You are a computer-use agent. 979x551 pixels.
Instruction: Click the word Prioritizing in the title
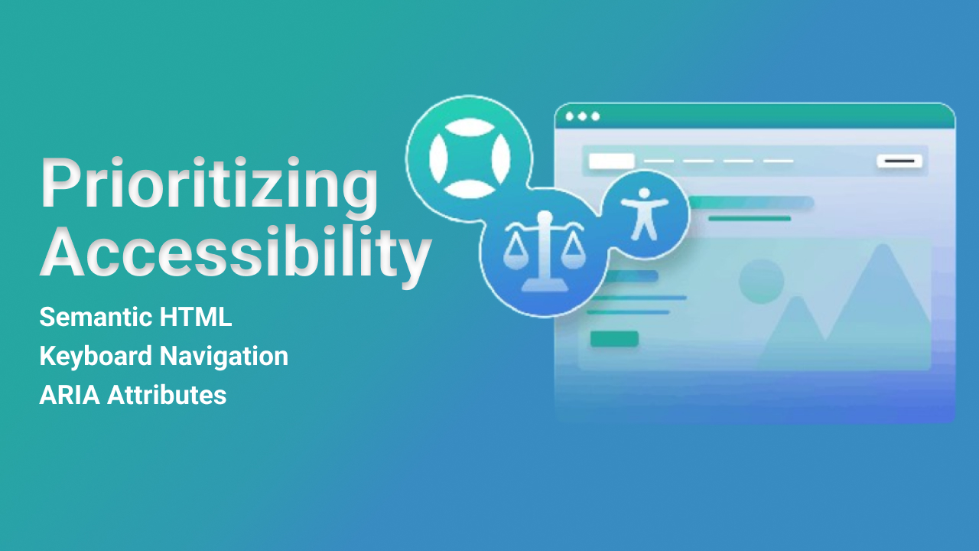click(x=209, y=184)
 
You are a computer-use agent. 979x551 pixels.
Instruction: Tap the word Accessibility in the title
click(x=235, y=251)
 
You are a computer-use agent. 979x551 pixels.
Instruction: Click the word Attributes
click(x=167, y=396)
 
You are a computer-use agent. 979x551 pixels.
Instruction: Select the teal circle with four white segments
click(x=469, y=157)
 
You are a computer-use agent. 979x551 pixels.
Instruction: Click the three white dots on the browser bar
click(x=582, y=116)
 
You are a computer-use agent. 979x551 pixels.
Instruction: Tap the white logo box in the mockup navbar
click(x=611, y=161)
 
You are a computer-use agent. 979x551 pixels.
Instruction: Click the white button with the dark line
click(x=899, y=161)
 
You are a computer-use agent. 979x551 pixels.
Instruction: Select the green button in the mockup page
click(x=614, y=338)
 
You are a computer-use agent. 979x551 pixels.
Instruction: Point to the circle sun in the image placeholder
click(x=761, y=281)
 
